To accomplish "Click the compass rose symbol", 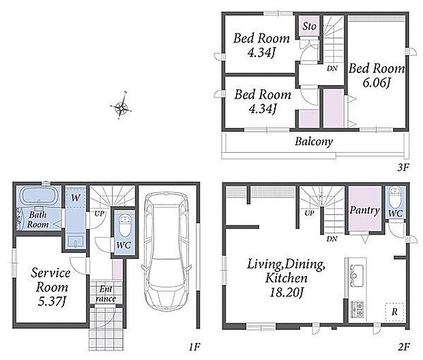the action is click(x=121, y=106).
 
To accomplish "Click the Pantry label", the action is click(x=364, y=210).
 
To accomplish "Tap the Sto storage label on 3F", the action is click(x=309, y=26).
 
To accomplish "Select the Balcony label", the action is click(x=314, y=141).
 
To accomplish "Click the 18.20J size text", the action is click(x=287, y=292).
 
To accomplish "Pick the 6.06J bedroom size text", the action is click(x=376, y=82).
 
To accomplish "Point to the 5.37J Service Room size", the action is click(x=52, y=301).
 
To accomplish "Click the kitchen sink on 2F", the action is click(x=356, y=276).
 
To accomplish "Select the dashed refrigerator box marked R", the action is click(x=394, y=312).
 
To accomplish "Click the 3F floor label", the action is click(x=403, y=168).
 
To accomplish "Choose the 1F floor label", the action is click(x=194, y=346).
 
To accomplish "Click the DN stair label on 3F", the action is click(x=332, y=68).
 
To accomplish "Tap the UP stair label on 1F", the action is click(x=99, y=214).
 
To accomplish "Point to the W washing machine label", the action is click(x=76, y=198).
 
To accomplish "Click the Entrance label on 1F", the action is click(x=106, y=294).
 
